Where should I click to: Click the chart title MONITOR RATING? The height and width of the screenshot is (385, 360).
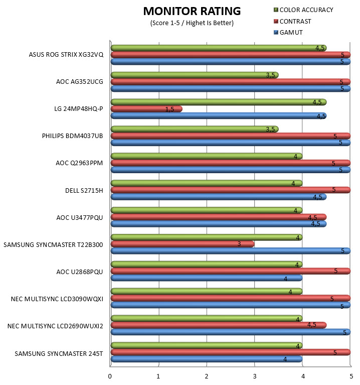[x=192, y=12]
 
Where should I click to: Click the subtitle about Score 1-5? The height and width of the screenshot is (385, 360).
[x=192, y=23]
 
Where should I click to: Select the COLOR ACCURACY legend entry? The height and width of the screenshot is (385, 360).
[x=303, y=10]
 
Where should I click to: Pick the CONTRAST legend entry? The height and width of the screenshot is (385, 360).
[x=292, y=22]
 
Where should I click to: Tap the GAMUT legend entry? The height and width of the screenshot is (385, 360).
[x=288, y=33]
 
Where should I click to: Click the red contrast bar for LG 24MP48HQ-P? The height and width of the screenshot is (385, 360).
[x=146, y=109]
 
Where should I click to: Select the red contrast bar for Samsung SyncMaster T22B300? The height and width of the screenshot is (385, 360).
[x=183, y=244]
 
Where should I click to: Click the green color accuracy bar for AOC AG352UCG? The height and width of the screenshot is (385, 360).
[x=195, y=75]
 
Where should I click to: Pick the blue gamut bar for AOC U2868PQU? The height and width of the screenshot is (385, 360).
[x=207, y=278]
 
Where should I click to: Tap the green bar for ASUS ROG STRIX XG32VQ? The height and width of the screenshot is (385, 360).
[x=219, y=48]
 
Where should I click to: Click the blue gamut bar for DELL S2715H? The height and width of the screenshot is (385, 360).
[x=219, y=197]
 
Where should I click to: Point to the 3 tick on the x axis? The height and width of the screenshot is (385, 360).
[x=255, y=376]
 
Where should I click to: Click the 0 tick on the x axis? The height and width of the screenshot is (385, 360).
[x=110, y=376]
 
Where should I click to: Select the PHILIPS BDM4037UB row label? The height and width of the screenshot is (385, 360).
[x=72, y=136]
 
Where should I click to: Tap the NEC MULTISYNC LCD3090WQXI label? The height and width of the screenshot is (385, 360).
[x=57, y=299]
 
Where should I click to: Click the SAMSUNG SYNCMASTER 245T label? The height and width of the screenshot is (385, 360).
[x=59, y=353]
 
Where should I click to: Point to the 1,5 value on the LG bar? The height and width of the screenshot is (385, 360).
[x=169, y=109]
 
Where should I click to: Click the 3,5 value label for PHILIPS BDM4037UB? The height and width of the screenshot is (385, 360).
[x=270, y=130]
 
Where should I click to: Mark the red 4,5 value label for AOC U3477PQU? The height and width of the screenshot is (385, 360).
[x=312, y=217]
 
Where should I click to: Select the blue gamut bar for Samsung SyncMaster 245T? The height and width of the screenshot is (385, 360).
[x=207, y=359]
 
